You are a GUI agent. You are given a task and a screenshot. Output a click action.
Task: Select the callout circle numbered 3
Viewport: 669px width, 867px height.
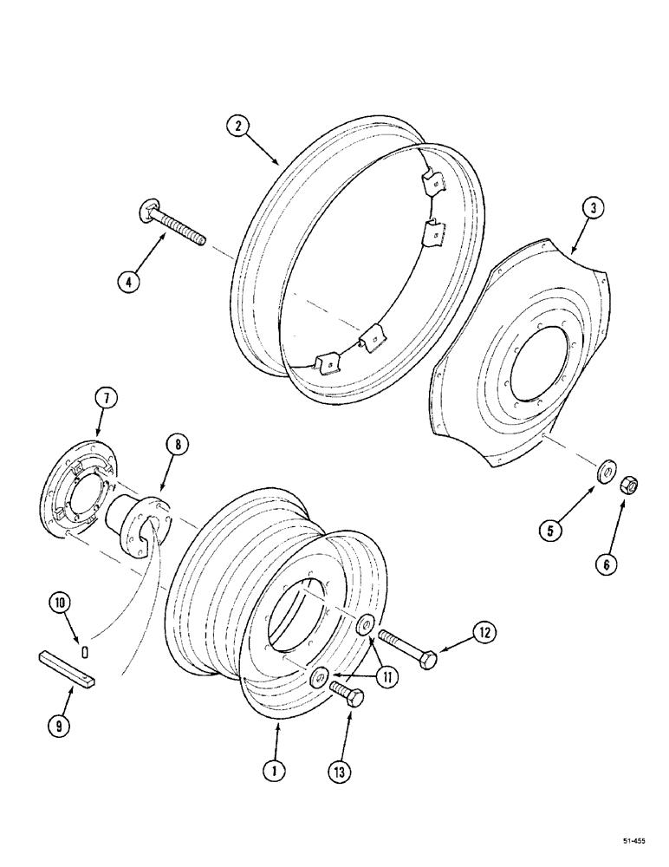[593, 209]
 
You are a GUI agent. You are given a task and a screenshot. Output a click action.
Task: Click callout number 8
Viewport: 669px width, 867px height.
[176, 446]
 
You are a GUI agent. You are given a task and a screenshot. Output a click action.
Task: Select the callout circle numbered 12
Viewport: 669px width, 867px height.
[484, 635]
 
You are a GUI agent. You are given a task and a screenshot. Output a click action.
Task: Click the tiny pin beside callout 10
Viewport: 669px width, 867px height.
[86, 649]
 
